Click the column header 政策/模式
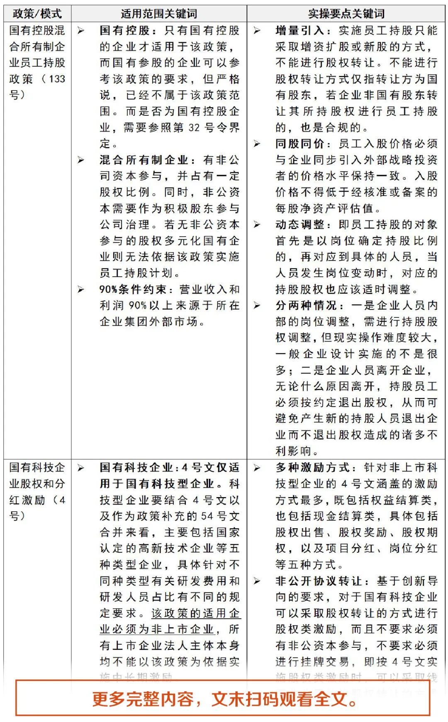coord(37,14)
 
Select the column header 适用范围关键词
coord(159,14)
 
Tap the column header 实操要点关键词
coord(346,14)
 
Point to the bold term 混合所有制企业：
coord(147,160)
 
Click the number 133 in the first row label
coord(57,79)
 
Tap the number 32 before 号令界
coord(194,128)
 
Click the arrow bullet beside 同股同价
coord(257,144)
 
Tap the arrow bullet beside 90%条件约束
coord(81,290)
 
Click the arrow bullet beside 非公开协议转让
coord(257,581)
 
